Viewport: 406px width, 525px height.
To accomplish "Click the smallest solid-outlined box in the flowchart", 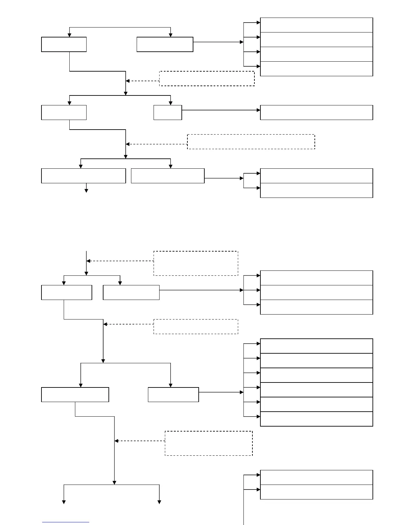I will (168, 112).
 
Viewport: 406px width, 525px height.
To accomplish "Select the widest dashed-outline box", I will (251, 142).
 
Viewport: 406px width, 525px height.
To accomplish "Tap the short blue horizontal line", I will (66, 522).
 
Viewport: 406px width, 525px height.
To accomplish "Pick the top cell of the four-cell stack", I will (316, 25).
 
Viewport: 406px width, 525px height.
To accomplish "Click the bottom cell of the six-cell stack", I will (316, 419).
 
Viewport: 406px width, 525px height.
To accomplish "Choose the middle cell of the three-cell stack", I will (316, 292).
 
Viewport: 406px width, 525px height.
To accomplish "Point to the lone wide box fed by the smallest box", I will (316, 112).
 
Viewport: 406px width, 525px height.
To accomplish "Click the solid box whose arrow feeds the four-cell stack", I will (165, 44).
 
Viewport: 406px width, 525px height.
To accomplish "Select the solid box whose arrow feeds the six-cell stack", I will (173, 394).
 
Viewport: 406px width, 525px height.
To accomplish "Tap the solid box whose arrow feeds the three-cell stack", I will (131, 292).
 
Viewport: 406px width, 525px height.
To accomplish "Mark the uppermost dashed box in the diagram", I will (207, 79).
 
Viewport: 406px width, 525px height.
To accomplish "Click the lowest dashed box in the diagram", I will (209, 443).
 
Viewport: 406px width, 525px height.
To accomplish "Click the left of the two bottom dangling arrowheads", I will (64, 502).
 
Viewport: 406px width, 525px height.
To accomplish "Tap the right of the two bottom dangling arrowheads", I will (159, 502).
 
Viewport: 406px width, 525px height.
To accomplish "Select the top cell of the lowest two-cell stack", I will (316, 477).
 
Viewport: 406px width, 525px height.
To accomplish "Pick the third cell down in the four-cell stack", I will (316, 54).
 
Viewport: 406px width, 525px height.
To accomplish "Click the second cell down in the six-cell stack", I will (316, 361).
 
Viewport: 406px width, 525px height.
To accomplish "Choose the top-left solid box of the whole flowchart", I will (64, 44).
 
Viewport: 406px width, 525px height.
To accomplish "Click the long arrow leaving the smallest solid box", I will (221, 110).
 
